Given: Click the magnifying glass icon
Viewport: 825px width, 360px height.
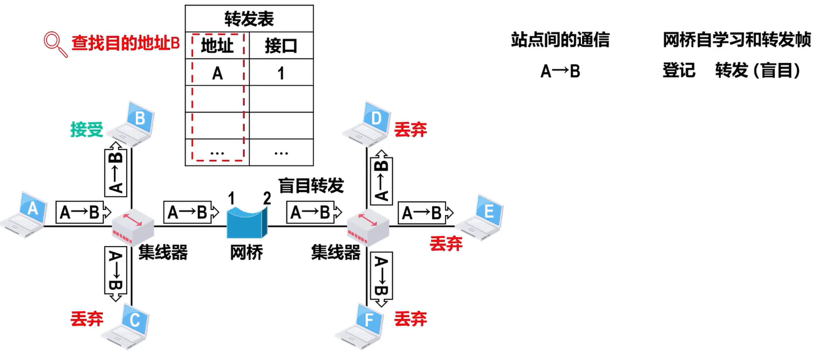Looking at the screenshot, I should (x=55, y=45).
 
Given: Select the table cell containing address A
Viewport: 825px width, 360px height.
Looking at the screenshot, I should (x=217, y=73).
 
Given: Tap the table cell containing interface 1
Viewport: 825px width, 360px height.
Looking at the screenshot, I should (x=281, y=73).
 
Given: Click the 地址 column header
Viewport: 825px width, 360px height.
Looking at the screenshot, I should (x=217, y=46).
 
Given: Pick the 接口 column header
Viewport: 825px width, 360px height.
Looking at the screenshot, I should (x=281, y=46).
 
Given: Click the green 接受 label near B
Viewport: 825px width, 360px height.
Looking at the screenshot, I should (x=87, y=130).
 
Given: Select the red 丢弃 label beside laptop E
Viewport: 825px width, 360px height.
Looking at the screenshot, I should (x=446, y=244).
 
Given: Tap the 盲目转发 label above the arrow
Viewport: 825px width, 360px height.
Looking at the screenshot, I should (x=311, y=186).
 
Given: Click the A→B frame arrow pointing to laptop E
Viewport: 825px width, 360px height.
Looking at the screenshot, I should (x=425, y=212).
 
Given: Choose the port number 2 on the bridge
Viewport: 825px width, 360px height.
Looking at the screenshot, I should (x=267, y=198).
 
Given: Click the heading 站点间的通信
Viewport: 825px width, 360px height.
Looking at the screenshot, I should (x=560, y=40).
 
